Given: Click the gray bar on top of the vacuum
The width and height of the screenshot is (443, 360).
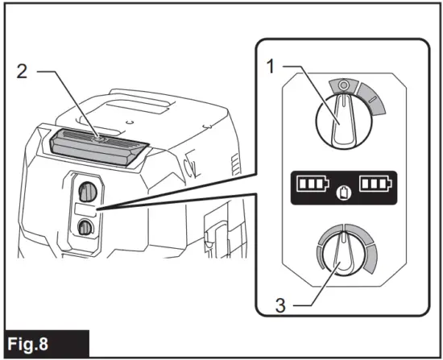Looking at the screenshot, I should coord(97,146).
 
